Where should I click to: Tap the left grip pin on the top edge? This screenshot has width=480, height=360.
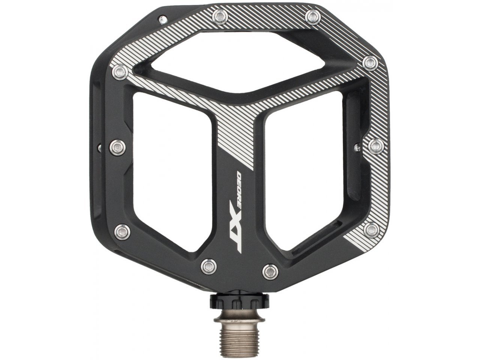[218, 15]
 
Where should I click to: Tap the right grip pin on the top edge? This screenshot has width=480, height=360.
[313, 15]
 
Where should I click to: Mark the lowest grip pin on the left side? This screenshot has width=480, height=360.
[121, 230]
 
